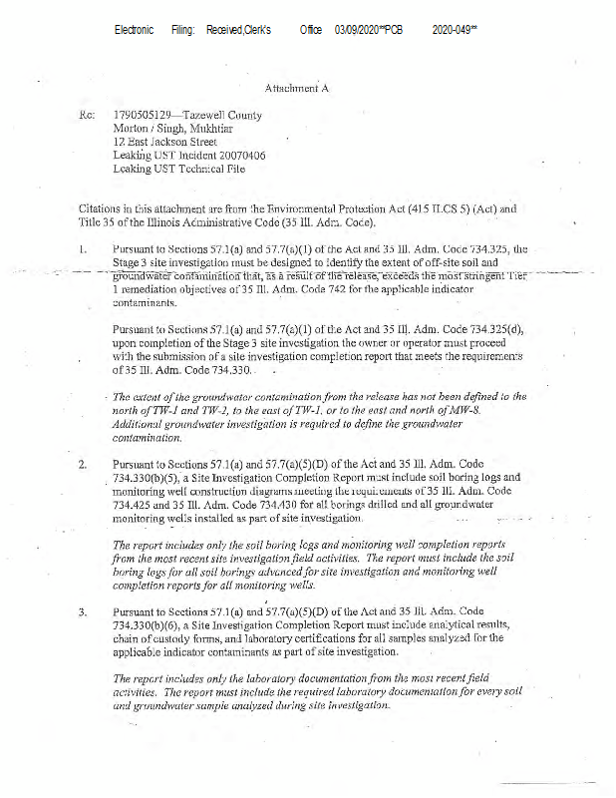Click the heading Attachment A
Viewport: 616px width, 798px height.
click(297, 88)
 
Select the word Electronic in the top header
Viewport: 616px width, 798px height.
click(134, 31)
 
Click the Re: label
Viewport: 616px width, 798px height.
click(86, 116)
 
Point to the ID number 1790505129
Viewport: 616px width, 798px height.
click(143, 116)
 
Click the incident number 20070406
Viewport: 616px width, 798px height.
click(238, 157)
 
